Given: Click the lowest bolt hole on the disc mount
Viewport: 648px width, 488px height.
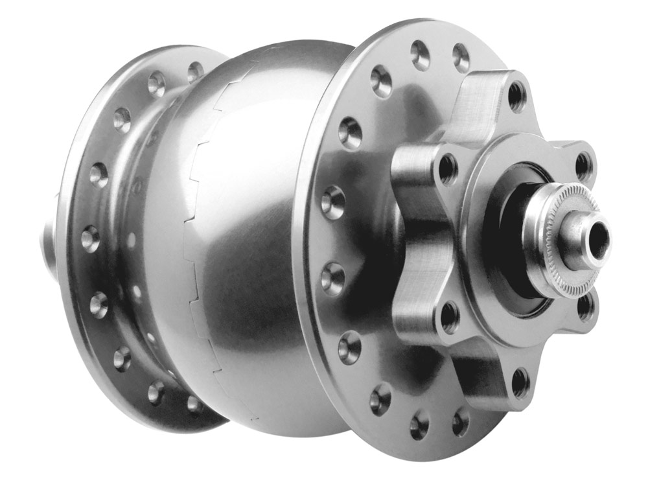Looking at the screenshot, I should coord(520,382).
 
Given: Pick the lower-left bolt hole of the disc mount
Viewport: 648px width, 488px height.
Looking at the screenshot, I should coord(449,317).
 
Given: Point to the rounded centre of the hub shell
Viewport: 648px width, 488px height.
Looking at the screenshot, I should coord(259,227).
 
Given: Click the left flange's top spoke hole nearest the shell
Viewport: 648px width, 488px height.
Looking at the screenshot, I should coord(195,71).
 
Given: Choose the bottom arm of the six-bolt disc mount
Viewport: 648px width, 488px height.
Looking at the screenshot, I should coord(492,376).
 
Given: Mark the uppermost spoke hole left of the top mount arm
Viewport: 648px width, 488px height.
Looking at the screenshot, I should coord(420,55).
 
